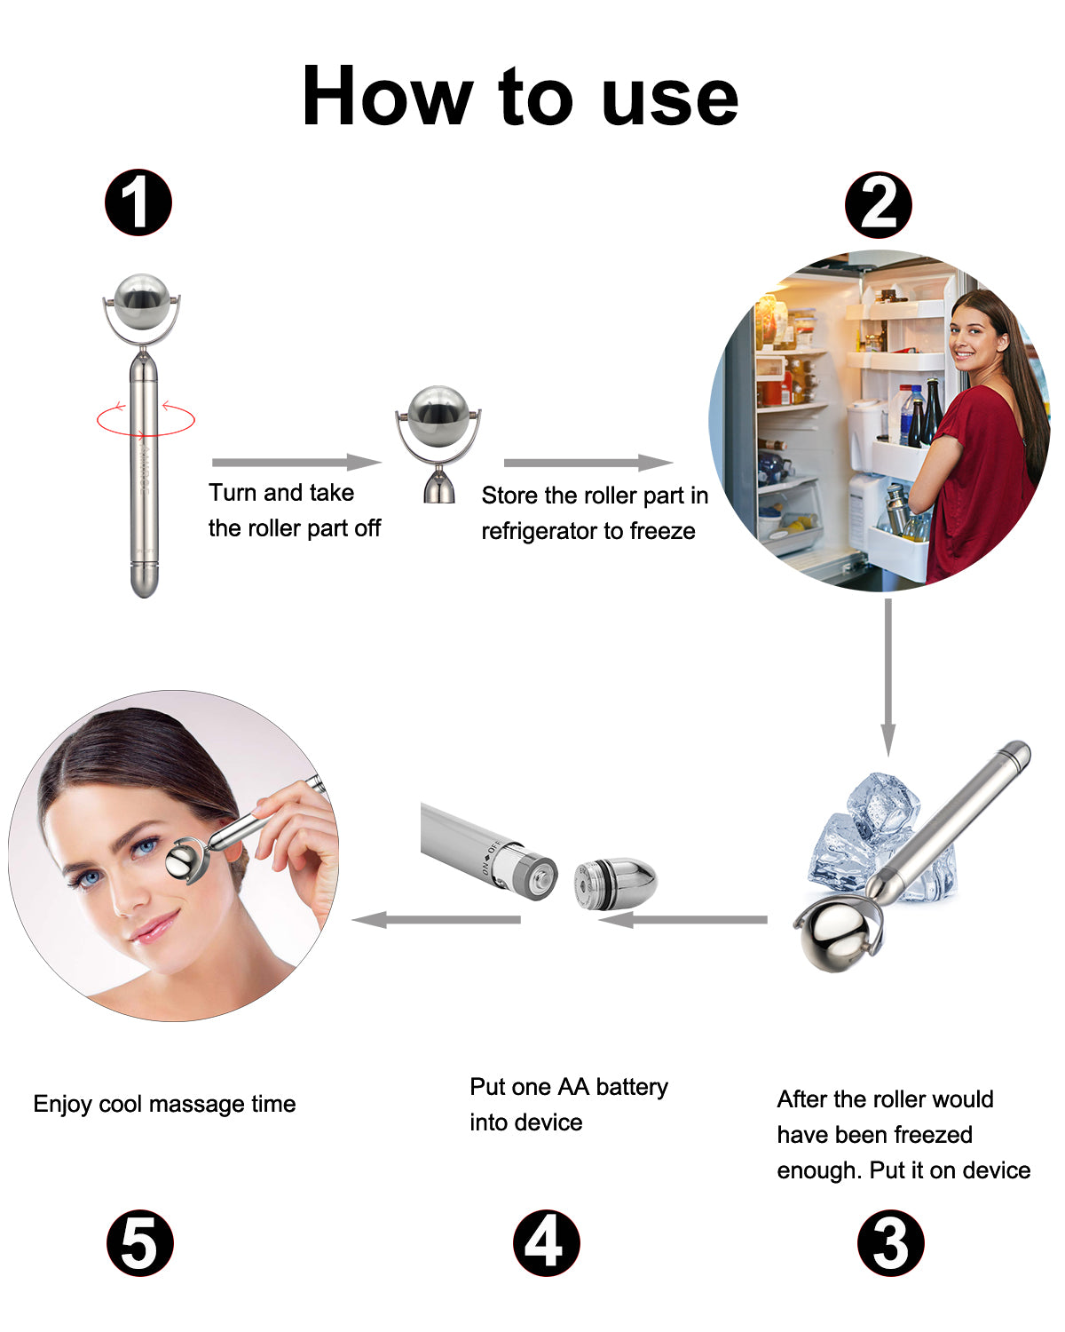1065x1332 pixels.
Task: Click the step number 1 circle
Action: (x=138, y=202)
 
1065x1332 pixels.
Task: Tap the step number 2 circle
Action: (x=878, y=205)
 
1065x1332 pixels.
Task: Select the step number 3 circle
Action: (x=890, y=1242)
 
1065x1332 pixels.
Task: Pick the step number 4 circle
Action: (x=546, y=1242)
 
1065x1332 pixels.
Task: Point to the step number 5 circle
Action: (x=140, y=1242)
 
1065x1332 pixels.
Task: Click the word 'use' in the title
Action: (x=670, y=98)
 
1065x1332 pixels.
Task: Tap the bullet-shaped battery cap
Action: (x=615, y=883)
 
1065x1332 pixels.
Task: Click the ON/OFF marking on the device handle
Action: (x=491, y=857)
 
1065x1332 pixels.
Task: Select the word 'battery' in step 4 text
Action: (x=631, y=1087)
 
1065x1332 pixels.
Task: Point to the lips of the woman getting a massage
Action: (x=153, y=930)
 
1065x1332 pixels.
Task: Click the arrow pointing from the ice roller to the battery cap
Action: (x=683, y=919)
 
